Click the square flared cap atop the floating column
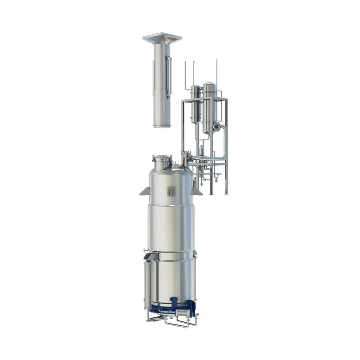pos(162,37)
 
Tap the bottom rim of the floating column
pos(162,126)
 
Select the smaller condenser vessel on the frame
pos(195,103)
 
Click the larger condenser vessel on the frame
pos(208,108)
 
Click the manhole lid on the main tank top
pos(162,158)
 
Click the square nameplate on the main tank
pos(171,191)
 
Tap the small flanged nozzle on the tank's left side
pos(144,250)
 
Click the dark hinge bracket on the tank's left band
pos(150,257)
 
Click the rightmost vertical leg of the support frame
pos(226,148)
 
